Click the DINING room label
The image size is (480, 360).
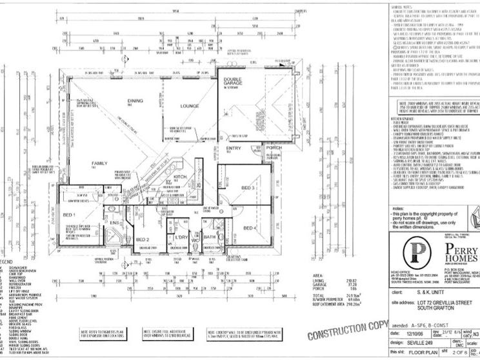(134, 101)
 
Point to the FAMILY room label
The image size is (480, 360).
(99, 163)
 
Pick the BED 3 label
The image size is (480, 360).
(248, 187)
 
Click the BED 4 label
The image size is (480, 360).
(250, 228)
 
